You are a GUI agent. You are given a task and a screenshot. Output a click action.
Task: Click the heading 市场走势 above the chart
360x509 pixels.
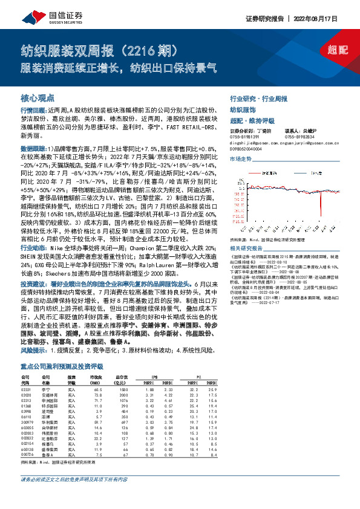[x=240, y=158]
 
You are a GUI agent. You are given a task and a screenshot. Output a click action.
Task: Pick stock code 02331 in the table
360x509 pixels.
[x=25, y=391]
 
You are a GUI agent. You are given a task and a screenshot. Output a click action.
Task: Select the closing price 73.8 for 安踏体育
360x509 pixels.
[x=97, y=396]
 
